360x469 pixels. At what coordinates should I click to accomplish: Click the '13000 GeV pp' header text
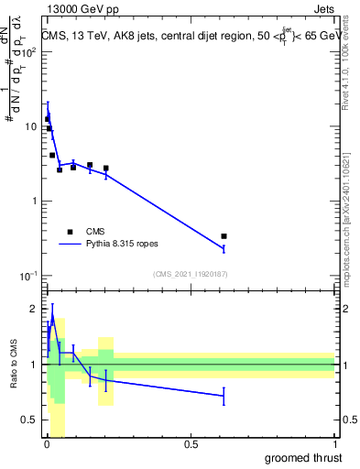click(x=80, y=8)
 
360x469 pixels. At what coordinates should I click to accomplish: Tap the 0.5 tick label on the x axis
click(x=190, y=444)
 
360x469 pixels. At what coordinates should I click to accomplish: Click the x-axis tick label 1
click(x=334, y=444)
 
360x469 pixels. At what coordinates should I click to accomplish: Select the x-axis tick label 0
click(x=46, y=444)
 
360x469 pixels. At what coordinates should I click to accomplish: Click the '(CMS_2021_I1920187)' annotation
click(x=190, y=274)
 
